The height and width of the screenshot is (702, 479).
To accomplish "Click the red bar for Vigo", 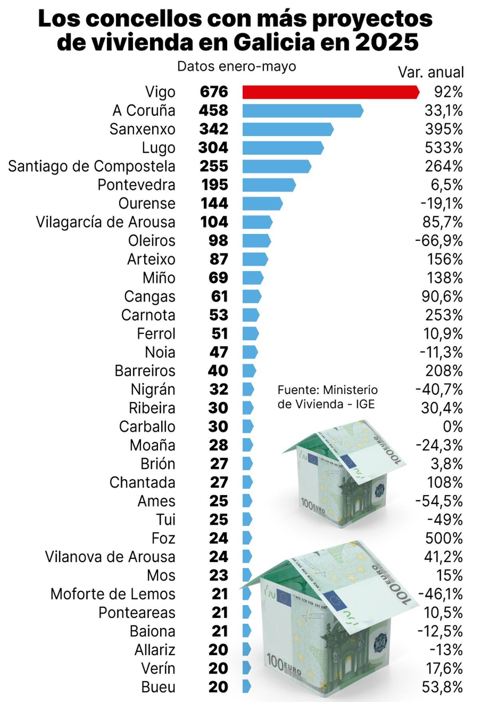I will (331, 92).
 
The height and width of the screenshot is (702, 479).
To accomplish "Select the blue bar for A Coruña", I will (303, 110).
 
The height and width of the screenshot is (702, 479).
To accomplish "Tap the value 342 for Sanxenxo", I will (214, 129).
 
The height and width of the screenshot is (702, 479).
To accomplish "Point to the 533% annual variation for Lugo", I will (443, 148).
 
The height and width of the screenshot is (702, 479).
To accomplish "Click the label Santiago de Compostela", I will (91, 166).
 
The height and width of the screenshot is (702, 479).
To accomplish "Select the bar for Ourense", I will (262, 203).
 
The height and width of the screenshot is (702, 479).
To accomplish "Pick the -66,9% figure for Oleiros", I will (439, 241).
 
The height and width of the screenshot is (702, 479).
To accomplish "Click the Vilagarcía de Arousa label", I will (105, 222).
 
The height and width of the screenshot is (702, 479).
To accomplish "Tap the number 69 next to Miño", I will (218, 278).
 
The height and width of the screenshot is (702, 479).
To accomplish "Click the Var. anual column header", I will (431, 73).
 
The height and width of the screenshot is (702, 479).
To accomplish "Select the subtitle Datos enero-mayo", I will (236, 66).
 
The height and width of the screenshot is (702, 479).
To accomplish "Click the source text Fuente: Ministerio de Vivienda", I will (327, 397).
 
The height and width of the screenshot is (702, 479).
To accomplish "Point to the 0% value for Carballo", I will (452, 426).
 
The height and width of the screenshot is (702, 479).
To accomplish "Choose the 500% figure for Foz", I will (443, 538).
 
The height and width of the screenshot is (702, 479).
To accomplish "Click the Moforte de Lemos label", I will (113, 594).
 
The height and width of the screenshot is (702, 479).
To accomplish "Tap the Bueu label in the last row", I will (158, 687).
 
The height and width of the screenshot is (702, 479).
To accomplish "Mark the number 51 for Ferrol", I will (220, 333).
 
